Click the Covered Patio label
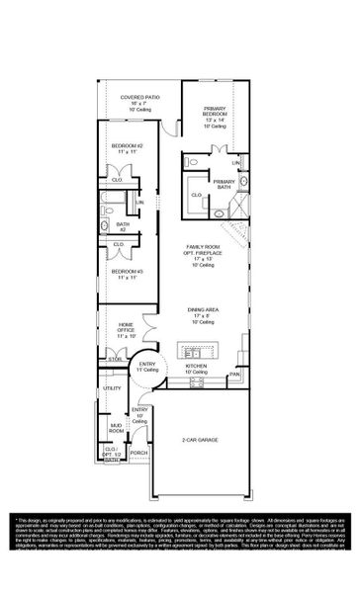click(140, 103)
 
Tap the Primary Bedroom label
click(217, 115)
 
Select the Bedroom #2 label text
click(127, 150)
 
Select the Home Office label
click(126, 330)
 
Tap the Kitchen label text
click(197, 367)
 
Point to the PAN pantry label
click(235, 376)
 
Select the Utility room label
click(112, 388)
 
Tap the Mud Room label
click(116, 429)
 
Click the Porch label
click(139, 455)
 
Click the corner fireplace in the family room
click(238, 234)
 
